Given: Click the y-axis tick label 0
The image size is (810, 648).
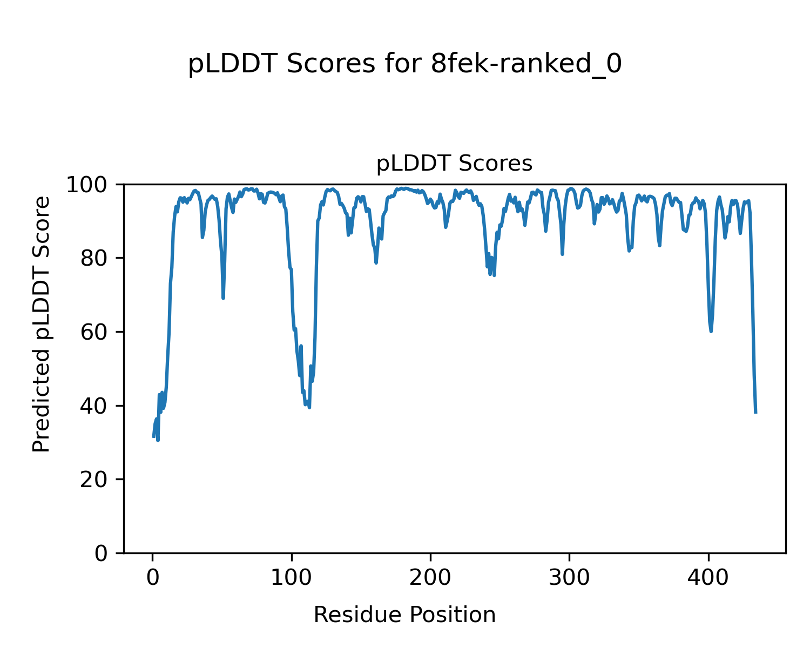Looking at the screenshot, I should pyautogui.click(x=102, y=553).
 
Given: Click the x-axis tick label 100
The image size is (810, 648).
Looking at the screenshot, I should pyautogui.click(x=292, y=578).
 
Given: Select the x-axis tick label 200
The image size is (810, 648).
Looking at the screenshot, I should pyautogui.click(x=430, y=578).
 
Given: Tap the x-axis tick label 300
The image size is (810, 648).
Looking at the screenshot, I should pyautogui.click(x=569, y=578).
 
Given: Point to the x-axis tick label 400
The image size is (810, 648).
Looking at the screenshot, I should pyautogui.click(x=708, y=578).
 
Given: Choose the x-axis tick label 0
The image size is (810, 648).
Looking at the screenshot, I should pyautogui.click(x=153, y=578).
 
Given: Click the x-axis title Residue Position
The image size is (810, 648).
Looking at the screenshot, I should pyautogui.click(x=404, y=615).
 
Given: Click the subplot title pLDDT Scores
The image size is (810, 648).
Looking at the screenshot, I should pyautogui.click(x=454, y=164).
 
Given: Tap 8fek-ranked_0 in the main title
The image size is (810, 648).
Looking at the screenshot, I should pyautogui.click(x=526, y=65).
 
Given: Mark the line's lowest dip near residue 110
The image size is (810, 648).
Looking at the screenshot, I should pyautogui.click(x=309, y=407).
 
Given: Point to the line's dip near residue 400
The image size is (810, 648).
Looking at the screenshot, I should pyautogui.click(x=711, y=331).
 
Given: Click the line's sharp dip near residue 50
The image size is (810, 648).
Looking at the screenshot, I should pyautogui.click(x=223, y=298).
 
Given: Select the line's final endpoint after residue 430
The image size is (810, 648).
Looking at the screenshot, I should pyautogui.click(x=755, y=413).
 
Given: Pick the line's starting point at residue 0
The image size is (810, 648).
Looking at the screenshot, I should pyautogui.click(x=153, y=436).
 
